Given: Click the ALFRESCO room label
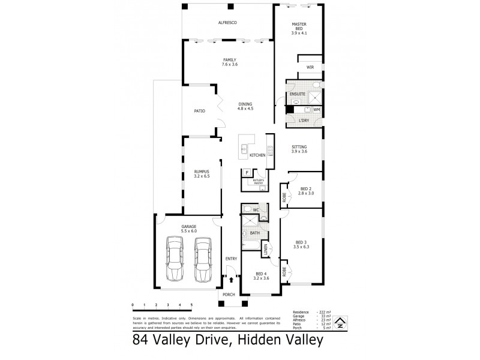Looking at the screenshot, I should click(x=229, y=22).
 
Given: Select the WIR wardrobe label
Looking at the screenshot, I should click(x=310, y=67).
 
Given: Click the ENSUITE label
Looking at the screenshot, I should click(x=297, y=94).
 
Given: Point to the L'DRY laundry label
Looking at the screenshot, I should click(x=304, y=121).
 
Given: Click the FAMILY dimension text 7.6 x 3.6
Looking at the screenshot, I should click(x=229, y=64).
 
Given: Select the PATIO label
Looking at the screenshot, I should click(x=199, y=111).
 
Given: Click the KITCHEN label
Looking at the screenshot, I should click(x=257, y=155).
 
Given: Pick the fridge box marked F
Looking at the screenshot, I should click(x=246, y=173).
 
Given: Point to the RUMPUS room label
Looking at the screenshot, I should click(x=200, y=171).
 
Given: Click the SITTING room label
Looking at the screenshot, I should click(x=299, y=146).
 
